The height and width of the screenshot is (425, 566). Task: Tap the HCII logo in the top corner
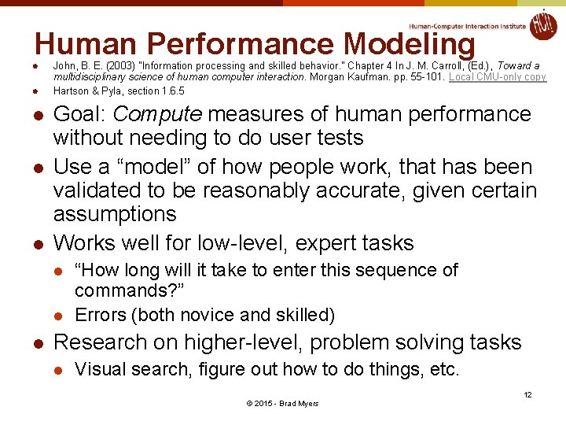pyautogui.click(x=542, y=24)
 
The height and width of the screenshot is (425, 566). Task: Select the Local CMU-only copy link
pyautogui.click(x=498, y=77)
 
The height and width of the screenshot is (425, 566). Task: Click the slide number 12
pyautogui.click(x=527, y=394)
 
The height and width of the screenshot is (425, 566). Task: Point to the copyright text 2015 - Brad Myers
pyautogui.click(x=283, y=404)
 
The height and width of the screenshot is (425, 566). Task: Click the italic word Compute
pyautogui.click(x=158, y=114)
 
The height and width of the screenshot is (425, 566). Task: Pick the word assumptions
pyautogui.click(x=115, y=213)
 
